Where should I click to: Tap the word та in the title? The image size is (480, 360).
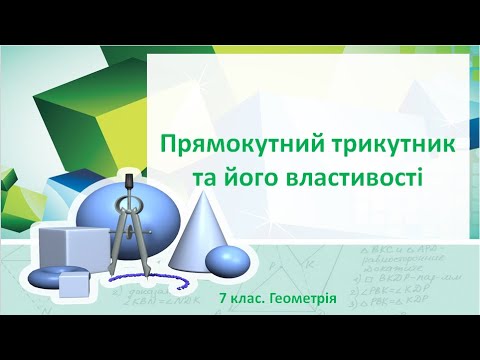tap(205, 178)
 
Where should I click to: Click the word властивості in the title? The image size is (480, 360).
tap(343, 178)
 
